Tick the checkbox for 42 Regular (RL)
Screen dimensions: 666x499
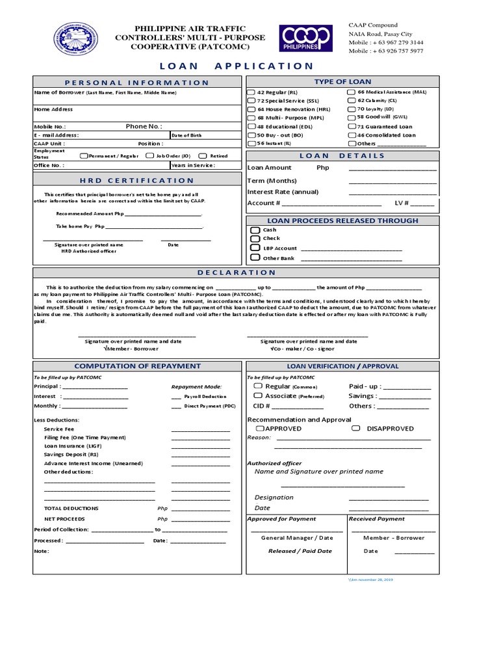251,93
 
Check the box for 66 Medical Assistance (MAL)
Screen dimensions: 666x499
352,93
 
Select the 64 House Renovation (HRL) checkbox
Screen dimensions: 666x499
251,110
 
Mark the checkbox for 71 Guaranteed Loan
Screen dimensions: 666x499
352,127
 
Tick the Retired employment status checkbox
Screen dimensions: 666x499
203,156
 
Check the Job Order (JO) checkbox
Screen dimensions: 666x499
150,156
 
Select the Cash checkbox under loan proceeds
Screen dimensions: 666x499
255,230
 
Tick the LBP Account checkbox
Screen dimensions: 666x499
255,248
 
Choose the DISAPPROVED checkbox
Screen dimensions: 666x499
356,429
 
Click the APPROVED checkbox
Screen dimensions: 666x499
260,429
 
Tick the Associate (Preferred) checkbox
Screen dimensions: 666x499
258,395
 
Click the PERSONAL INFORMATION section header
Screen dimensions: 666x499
136,83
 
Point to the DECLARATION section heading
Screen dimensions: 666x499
237,273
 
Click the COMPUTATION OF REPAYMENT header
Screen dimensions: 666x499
137,366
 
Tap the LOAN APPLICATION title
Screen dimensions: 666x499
236,66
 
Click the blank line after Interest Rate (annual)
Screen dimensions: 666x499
392,193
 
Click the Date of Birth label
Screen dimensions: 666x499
187,135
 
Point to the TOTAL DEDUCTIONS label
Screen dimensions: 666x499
71,508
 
